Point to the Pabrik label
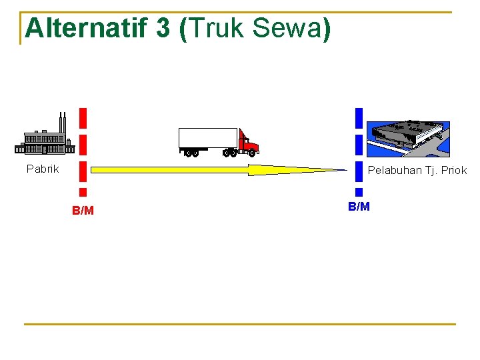point(43,169)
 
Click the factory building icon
point(45,141)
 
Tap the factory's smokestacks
point(62,123)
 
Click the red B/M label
point(83,211)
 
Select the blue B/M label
point(359,207)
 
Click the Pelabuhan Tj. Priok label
point(417,170)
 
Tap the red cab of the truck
point(248,143)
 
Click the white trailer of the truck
point(208,138)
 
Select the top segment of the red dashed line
point(83,117)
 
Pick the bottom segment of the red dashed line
point(83,192)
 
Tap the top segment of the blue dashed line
point(359,117)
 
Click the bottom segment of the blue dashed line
point(359,192)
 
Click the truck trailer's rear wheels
point(191,153)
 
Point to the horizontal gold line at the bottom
point(240,325)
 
